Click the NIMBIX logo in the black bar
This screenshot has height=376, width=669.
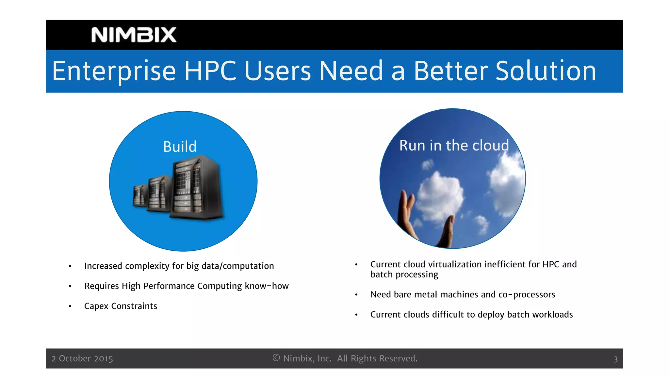coord(134,35)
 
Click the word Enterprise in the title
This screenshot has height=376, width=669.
coord(114,71)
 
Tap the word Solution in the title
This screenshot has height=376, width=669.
coord(546,71)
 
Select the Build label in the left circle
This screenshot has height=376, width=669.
coord(180,147)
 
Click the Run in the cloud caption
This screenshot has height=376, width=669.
coord(454,145)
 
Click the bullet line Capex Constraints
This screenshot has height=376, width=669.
coord(121,306)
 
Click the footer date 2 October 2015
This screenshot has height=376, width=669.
coord(82,359)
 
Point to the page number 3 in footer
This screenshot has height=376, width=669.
coord(615,359)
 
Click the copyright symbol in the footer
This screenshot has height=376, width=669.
coord(276,358)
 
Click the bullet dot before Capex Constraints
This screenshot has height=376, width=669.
coord(70,306)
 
